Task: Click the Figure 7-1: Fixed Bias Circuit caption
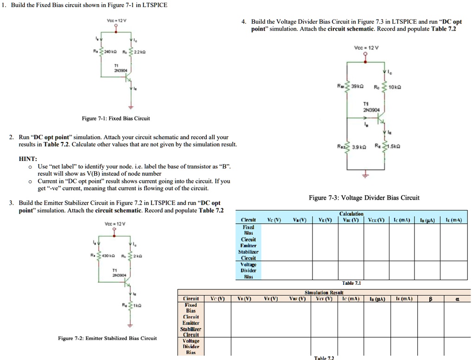point(116,118)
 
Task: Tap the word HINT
point(27,158)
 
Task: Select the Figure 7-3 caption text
point(364,198)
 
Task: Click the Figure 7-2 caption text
point(107,338)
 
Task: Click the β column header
point(430,299)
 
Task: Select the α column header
point(457,299)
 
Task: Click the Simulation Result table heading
point(324,293)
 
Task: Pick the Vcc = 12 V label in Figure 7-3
point(365,48)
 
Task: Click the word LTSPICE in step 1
point(152,5)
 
